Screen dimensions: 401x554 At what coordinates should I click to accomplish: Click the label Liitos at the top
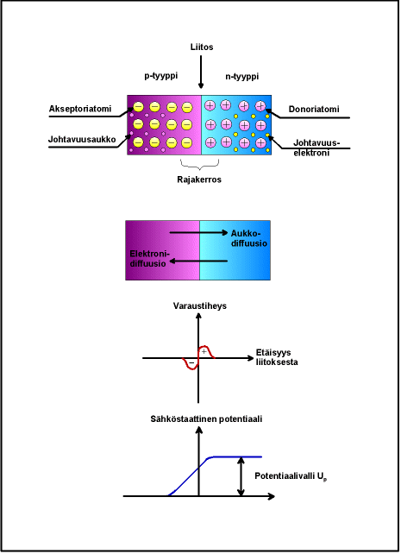(x=202, y=47)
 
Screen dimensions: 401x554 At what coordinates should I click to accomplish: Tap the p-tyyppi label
(x=161, y=76)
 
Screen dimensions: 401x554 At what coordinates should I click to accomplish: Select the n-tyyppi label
(x=241, y=77)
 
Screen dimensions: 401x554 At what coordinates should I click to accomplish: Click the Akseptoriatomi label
(x=80, y=109)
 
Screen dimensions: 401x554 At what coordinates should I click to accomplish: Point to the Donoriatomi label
(x=314, y=110)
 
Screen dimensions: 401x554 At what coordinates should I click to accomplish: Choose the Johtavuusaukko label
(x=82, y=140)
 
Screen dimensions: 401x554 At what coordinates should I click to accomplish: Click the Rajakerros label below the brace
(x=199, y=179)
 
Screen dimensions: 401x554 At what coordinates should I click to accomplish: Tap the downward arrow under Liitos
(x=201, y=72)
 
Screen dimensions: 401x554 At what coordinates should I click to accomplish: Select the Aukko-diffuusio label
(x=249, y=238)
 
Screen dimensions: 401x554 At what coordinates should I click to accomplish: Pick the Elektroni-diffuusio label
(x=150, y=259)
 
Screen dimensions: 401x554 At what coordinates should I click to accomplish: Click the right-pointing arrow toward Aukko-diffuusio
(x=198, y=232)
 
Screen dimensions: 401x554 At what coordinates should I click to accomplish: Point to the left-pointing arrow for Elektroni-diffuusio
(x=198, y=261)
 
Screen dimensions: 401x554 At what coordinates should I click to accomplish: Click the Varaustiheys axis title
(x=200, y=306)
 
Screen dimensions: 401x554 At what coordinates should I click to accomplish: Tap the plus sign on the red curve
(x=204, y=351)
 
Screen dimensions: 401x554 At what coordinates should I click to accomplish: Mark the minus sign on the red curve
(x=191, y=362)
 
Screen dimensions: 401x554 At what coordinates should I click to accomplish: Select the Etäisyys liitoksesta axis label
(x=277, y=357)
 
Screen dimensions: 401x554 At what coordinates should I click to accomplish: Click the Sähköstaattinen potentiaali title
(x=206, y=419)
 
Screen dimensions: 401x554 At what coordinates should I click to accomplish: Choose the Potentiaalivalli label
(x=291, y=476)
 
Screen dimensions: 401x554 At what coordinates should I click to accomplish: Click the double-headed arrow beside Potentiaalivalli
(x=241, y=476)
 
